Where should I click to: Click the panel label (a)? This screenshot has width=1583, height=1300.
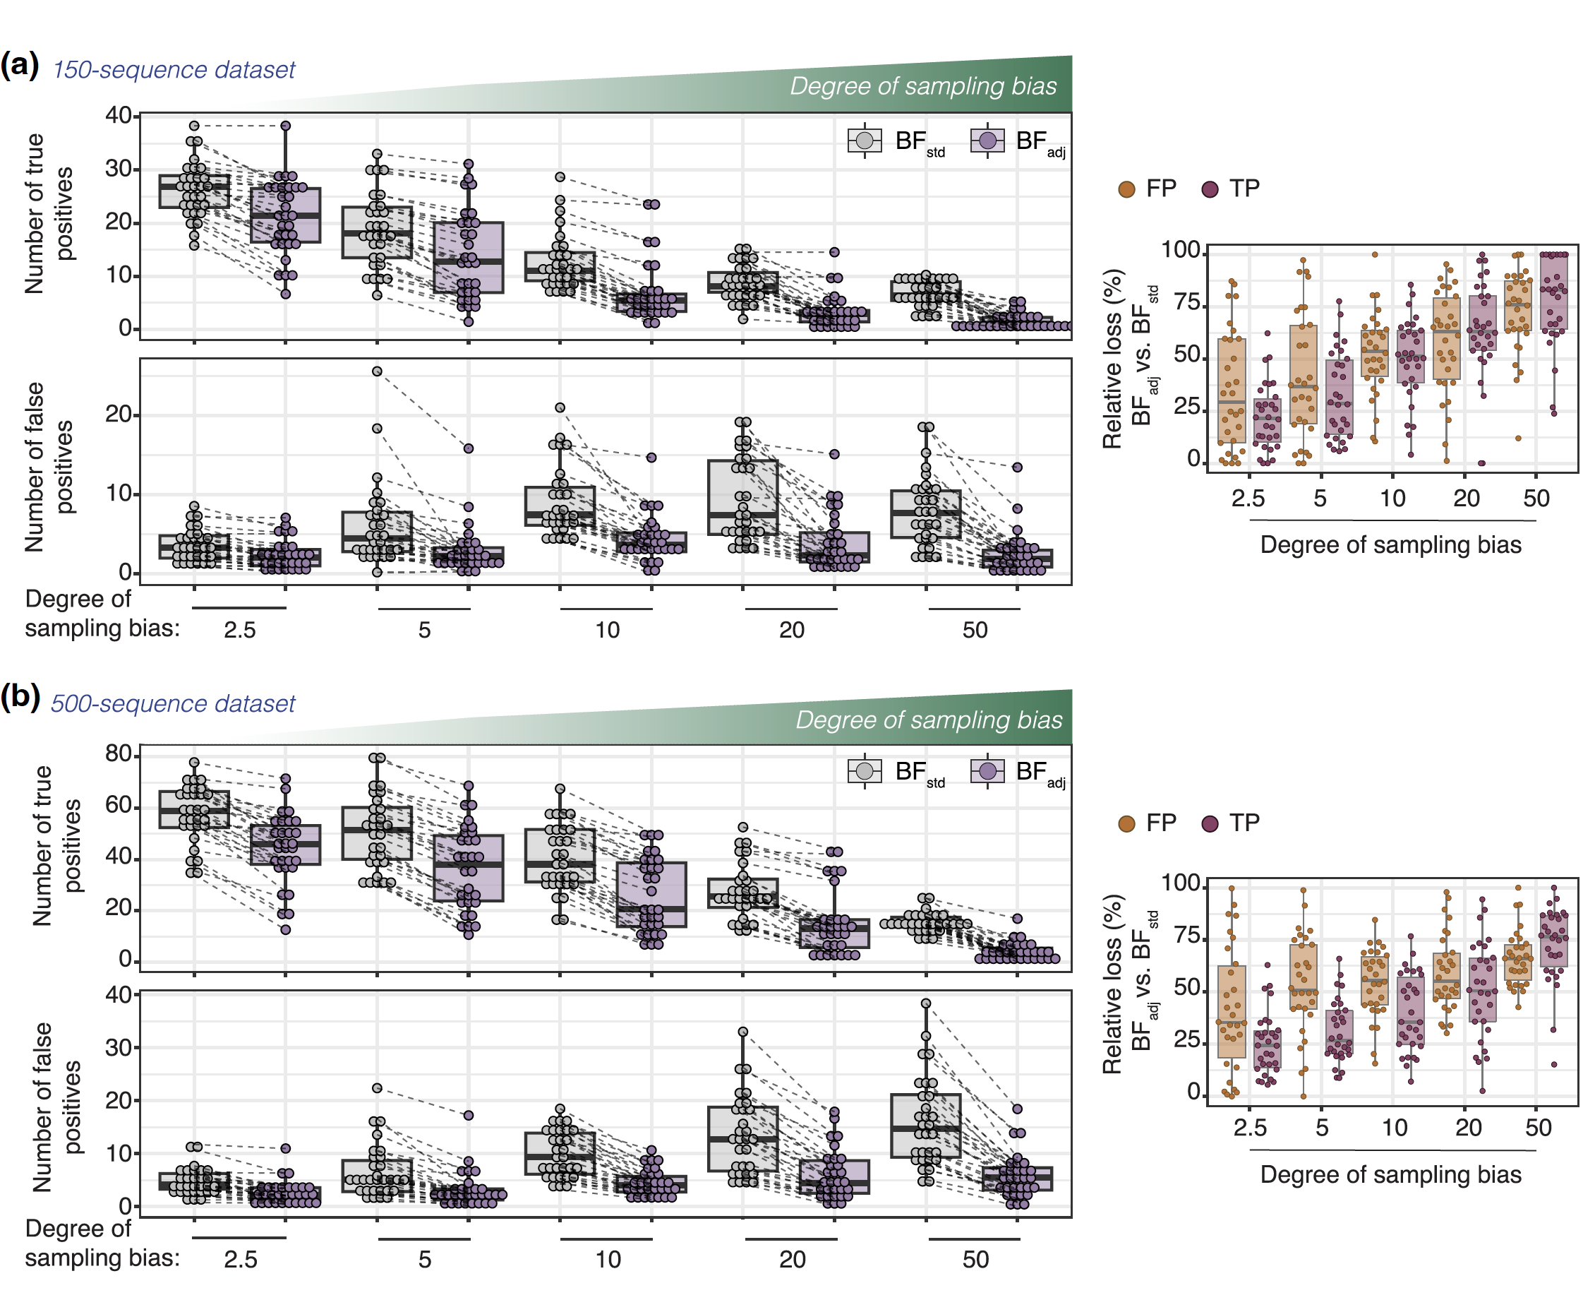coord(20,65)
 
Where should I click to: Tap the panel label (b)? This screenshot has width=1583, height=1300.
coord(20,696)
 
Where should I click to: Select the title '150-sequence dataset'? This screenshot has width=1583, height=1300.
coord(174,70)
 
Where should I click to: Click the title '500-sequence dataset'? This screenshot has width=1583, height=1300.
coord(173,703)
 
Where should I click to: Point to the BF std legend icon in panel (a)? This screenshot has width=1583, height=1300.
coord(864,140)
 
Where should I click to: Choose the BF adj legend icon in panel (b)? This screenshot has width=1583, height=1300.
coord(987,770)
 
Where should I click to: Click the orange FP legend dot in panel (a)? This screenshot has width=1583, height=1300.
coord(1126,189)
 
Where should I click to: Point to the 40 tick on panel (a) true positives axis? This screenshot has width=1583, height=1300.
coord(119,114)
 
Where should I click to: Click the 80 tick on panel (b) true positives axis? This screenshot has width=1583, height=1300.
coord(119,753)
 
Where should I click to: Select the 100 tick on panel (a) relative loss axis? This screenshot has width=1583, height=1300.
coord(1179,249)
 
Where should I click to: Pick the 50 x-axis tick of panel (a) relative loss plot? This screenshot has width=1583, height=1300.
coord(1536,498)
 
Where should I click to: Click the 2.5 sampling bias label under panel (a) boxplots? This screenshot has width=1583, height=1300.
coord(239,630)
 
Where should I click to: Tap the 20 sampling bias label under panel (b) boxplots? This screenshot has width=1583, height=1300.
coord(792,1259)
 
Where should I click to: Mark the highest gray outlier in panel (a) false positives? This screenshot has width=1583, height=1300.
coord(378,371)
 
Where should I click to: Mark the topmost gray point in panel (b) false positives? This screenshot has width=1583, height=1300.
coord(926,1003)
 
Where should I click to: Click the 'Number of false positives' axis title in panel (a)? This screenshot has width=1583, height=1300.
coord(49,467)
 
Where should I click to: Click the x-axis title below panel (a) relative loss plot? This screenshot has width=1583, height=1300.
coord(1390,544)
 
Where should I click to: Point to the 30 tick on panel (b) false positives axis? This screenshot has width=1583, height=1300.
coord(119,1047)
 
